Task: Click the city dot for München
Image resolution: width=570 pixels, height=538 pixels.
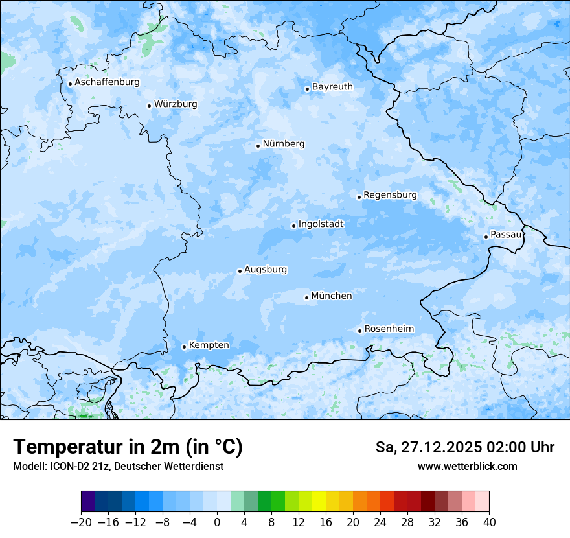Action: coord(306,298)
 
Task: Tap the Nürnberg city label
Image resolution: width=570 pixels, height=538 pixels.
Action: coord(283,144)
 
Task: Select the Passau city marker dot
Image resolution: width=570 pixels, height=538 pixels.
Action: coord(486,237)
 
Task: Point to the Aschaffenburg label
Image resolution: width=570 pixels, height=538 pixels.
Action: coord(107,82)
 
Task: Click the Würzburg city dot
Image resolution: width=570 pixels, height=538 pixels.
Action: coord(149,106)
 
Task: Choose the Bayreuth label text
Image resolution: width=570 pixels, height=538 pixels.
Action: coord(332,87)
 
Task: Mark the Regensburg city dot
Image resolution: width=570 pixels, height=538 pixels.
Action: coord(359,197)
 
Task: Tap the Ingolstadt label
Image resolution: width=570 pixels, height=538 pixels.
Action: coord(321,224)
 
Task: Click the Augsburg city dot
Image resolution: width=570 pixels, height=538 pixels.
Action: coord(240,271)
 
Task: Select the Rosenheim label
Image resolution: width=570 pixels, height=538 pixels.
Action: coord(389,329)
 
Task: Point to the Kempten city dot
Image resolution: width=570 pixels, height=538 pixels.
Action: coord(184,347)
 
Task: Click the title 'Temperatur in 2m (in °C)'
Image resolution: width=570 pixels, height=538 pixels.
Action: coord(128,447)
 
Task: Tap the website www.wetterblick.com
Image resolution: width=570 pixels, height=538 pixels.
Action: coord(467,466)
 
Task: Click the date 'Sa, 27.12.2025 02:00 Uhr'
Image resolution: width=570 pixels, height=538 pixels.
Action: coord(464,447)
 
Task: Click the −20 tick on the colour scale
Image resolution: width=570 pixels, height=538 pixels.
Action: coord(81,522)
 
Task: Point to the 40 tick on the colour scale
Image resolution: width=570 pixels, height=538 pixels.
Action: coord(489,522)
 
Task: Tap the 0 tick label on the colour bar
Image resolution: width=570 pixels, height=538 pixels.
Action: coord(217,522)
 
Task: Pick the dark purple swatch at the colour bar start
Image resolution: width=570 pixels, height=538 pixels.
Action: coord(88,502)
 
